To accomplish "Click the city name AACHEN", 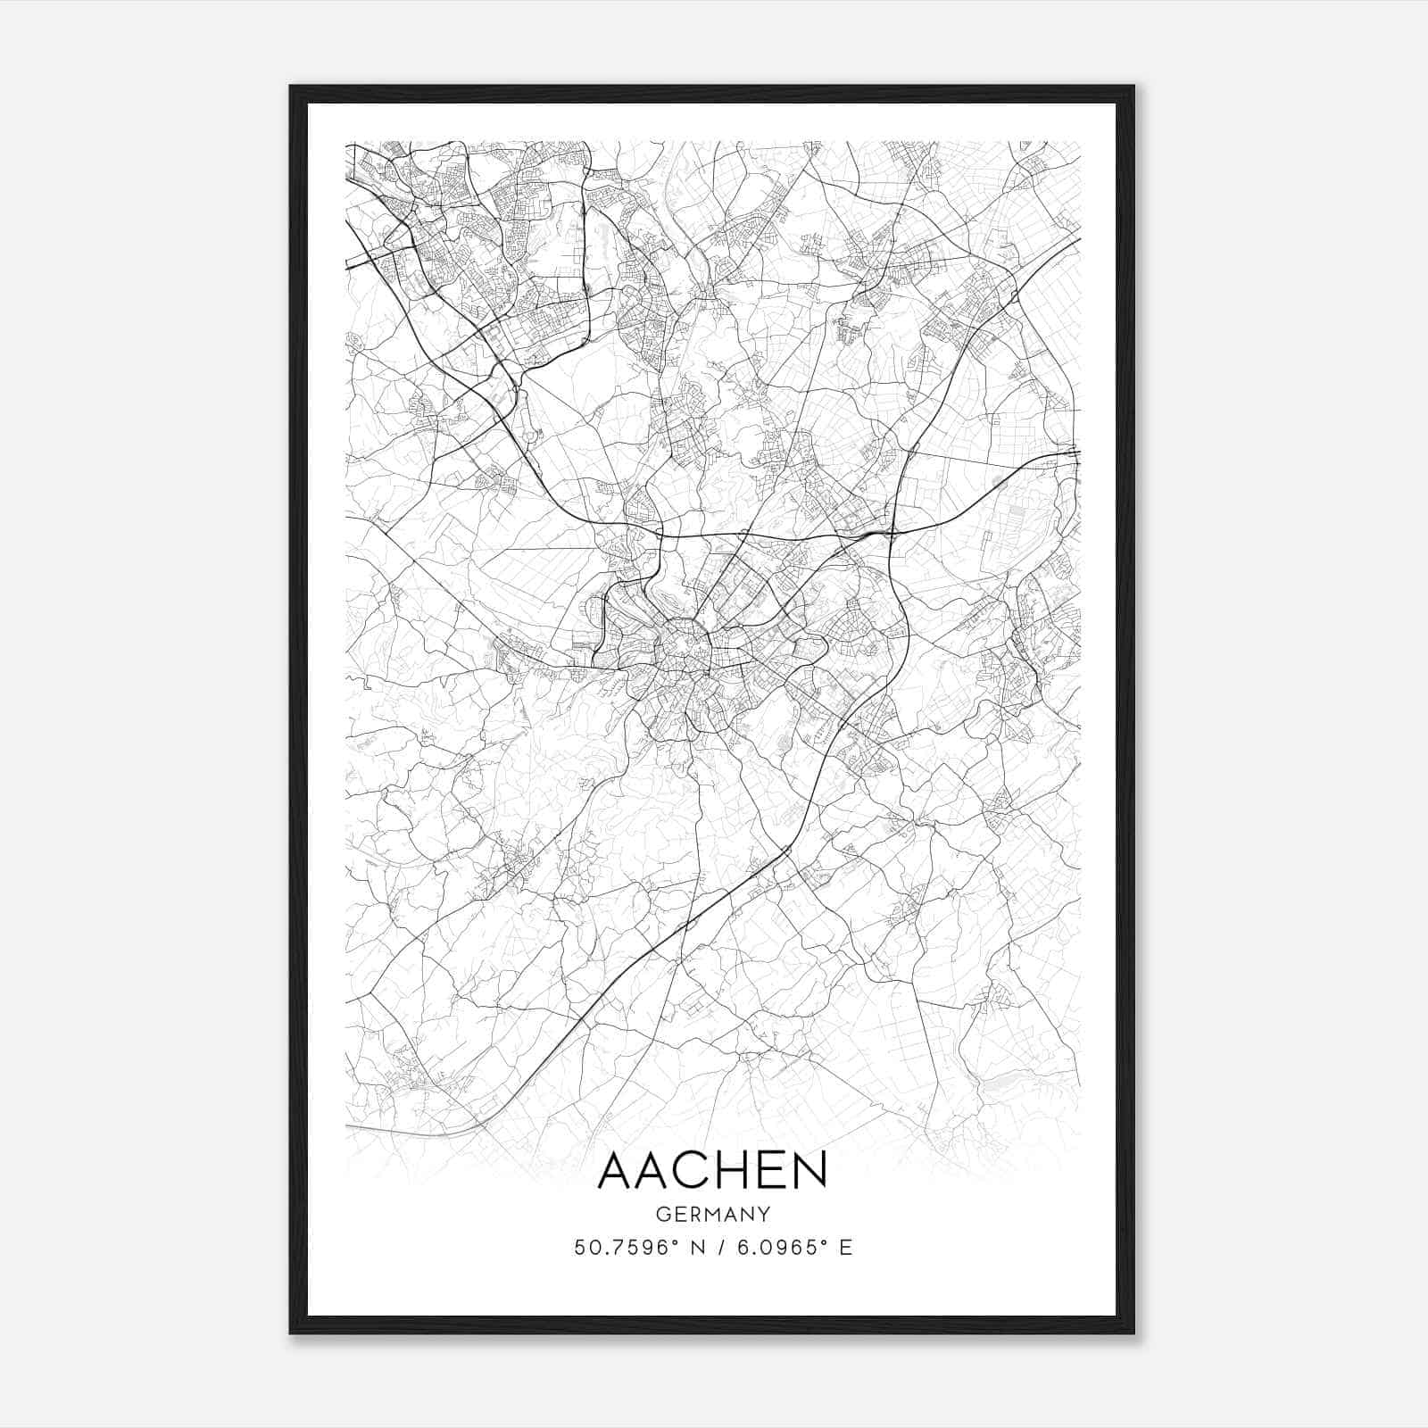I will pyautogui.click(x=712, y=1170).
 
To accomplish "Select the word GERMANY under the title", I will pyautogui.click(x=712, y=1215).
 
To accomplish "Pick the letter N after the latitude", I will pyautogui.click(x=691, y=1247).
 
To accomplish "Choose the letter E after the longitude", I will pyautogui.click(x=845, y=1247).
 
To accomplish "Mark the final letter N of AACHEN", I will pyautogui.click(x=809, y=1170).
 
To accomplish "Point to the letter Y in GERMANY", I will pyautogui.click(x=764, y=1215).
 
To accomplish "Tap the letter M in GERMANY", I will pyautogui.click(x=714, y=1215).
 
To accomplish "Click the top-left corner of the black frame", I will pyautogui.click(x=291, y=87).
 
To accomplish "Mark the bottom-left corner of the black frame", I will pyautogui.click(x=291, y=1333).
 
